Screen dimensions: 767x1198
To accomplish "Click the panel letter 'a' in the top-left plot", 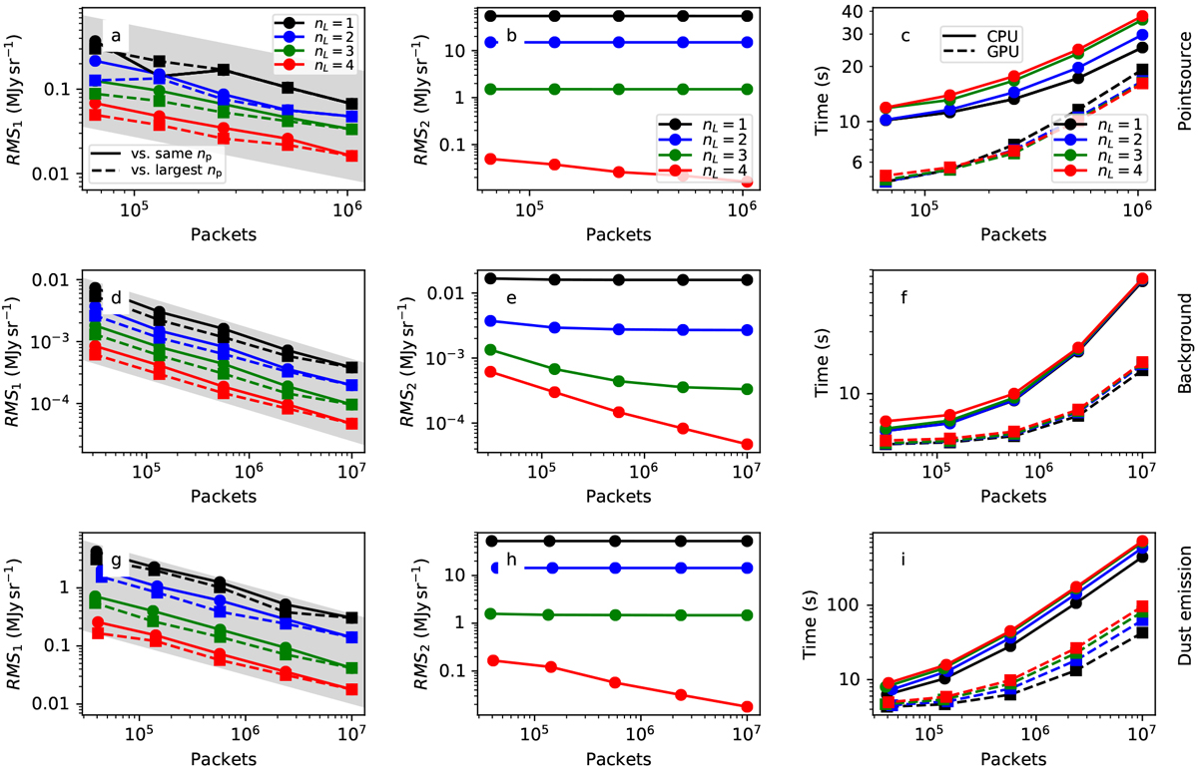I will (117, 38).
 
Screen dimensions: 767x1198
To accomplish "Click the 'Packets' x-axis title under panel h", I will (619, 757).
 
